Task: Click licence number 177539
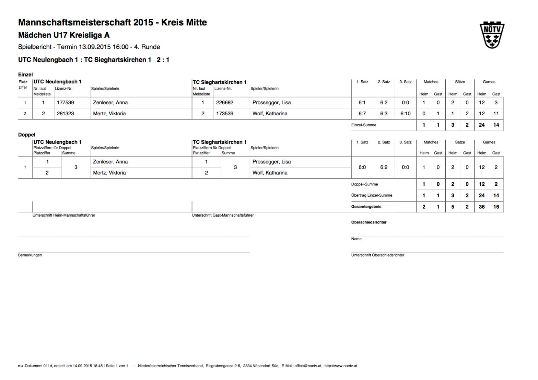click(x=65, y=102)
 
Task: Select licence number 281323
click(x=65, y=113)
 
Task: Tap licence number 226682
click(x=225, y=102)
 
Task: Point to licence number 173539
click(x=225, y=113)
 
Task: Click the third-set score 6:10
click(x=405, y=113)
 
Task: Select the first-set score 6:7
click(x=362, y=113)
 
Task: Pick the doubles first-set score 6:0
click(x=362, y=167)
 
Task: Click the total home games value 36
click(x=482, y=207)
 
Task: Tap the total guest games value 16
click(x=496, y=207)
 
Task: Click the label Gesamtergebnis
click(x=366, y=207)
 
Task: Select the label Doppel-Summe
click(x=364, y=184)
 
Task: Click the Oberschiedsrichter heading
click(x=369, y=222)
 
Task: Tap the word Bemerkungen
click(x=30, y=255)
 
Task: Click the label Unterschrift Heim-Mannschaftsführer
click(x=64, y=215)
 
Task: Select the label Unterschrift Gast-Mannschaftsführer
click(x=223, y=215)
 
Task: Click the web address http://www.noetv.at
click(x=340, y=366)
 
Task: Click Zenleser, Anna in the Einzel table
click(x=110, y=102)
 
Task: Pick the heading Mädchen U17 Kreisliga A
click(x=64, y=35)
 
